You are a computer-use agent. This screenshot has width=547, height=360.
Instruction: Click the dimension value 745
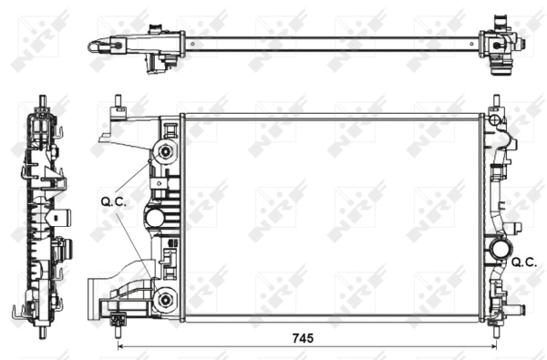(x=303, y=337)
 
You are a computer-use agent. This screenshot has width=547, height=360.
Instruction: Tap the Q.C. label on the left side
(x=115, y=203)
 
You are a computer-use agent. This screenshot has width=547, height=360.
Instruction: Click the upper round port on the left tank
(x=165, y=151)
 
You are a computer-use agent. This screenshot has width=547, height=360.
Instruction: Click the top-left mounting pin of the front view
(x=119, y=102)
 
